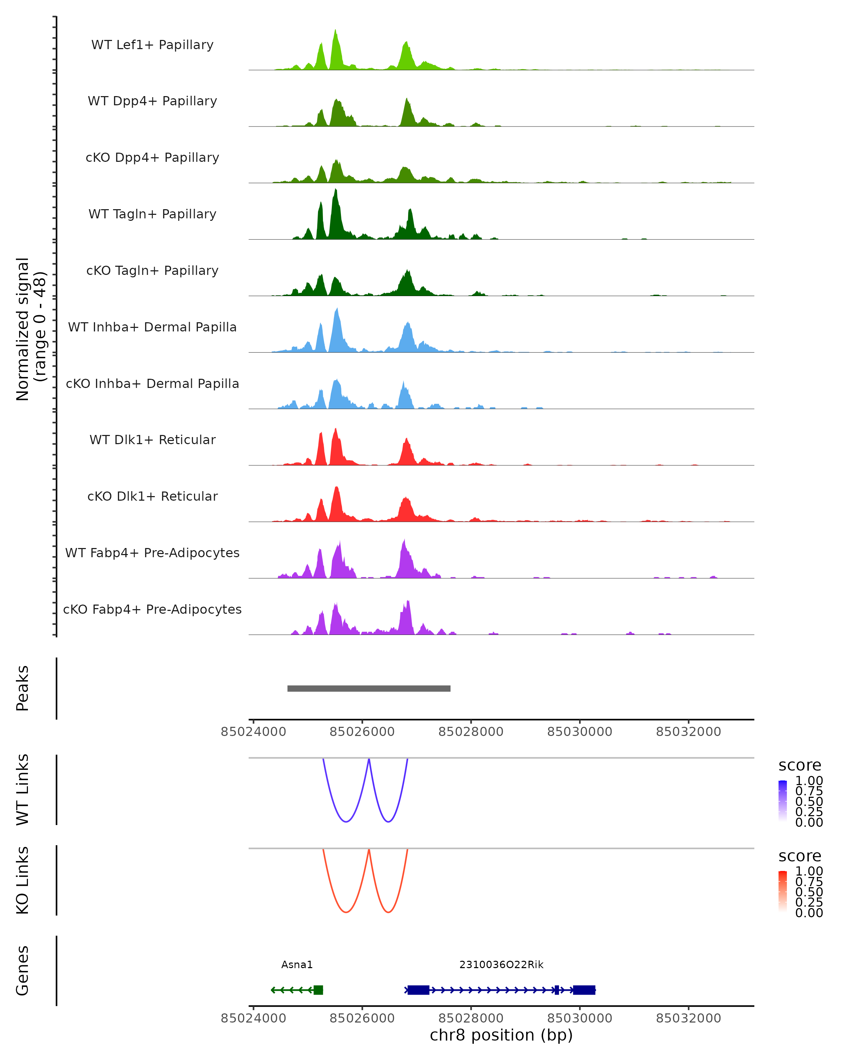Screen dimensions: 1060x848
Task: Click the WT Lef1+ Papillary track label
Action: click(x=152, y=45)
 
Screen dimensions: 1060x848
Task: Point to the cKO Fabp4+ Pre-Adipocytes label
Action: click(x=152, y=609)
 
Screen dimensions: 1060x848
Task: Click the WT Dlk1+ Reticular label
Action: click(x=152, y=440)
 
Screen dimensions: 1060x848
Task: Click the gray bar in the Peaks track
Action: click(x=369, y=688)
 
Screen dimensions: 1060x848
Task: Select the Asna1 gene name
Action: click(x=297, y=964)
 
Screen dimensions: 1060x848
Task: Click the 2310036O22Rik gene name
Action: click(x=501, y=964)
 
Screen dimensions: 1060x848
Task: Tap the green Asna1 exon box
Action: click(x=318, y=990)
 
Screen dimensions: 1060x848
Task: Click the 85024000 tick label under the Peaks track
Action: click(x=253, y=732)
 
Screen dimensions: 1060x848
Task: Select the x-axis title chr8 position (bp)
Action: click(x=501, y=1035)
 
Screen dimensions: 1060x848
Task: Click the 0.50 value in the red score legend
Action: click(x=809, y=891)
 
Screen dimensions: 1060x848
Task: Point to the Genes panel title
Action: click(x=23, y=971)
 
